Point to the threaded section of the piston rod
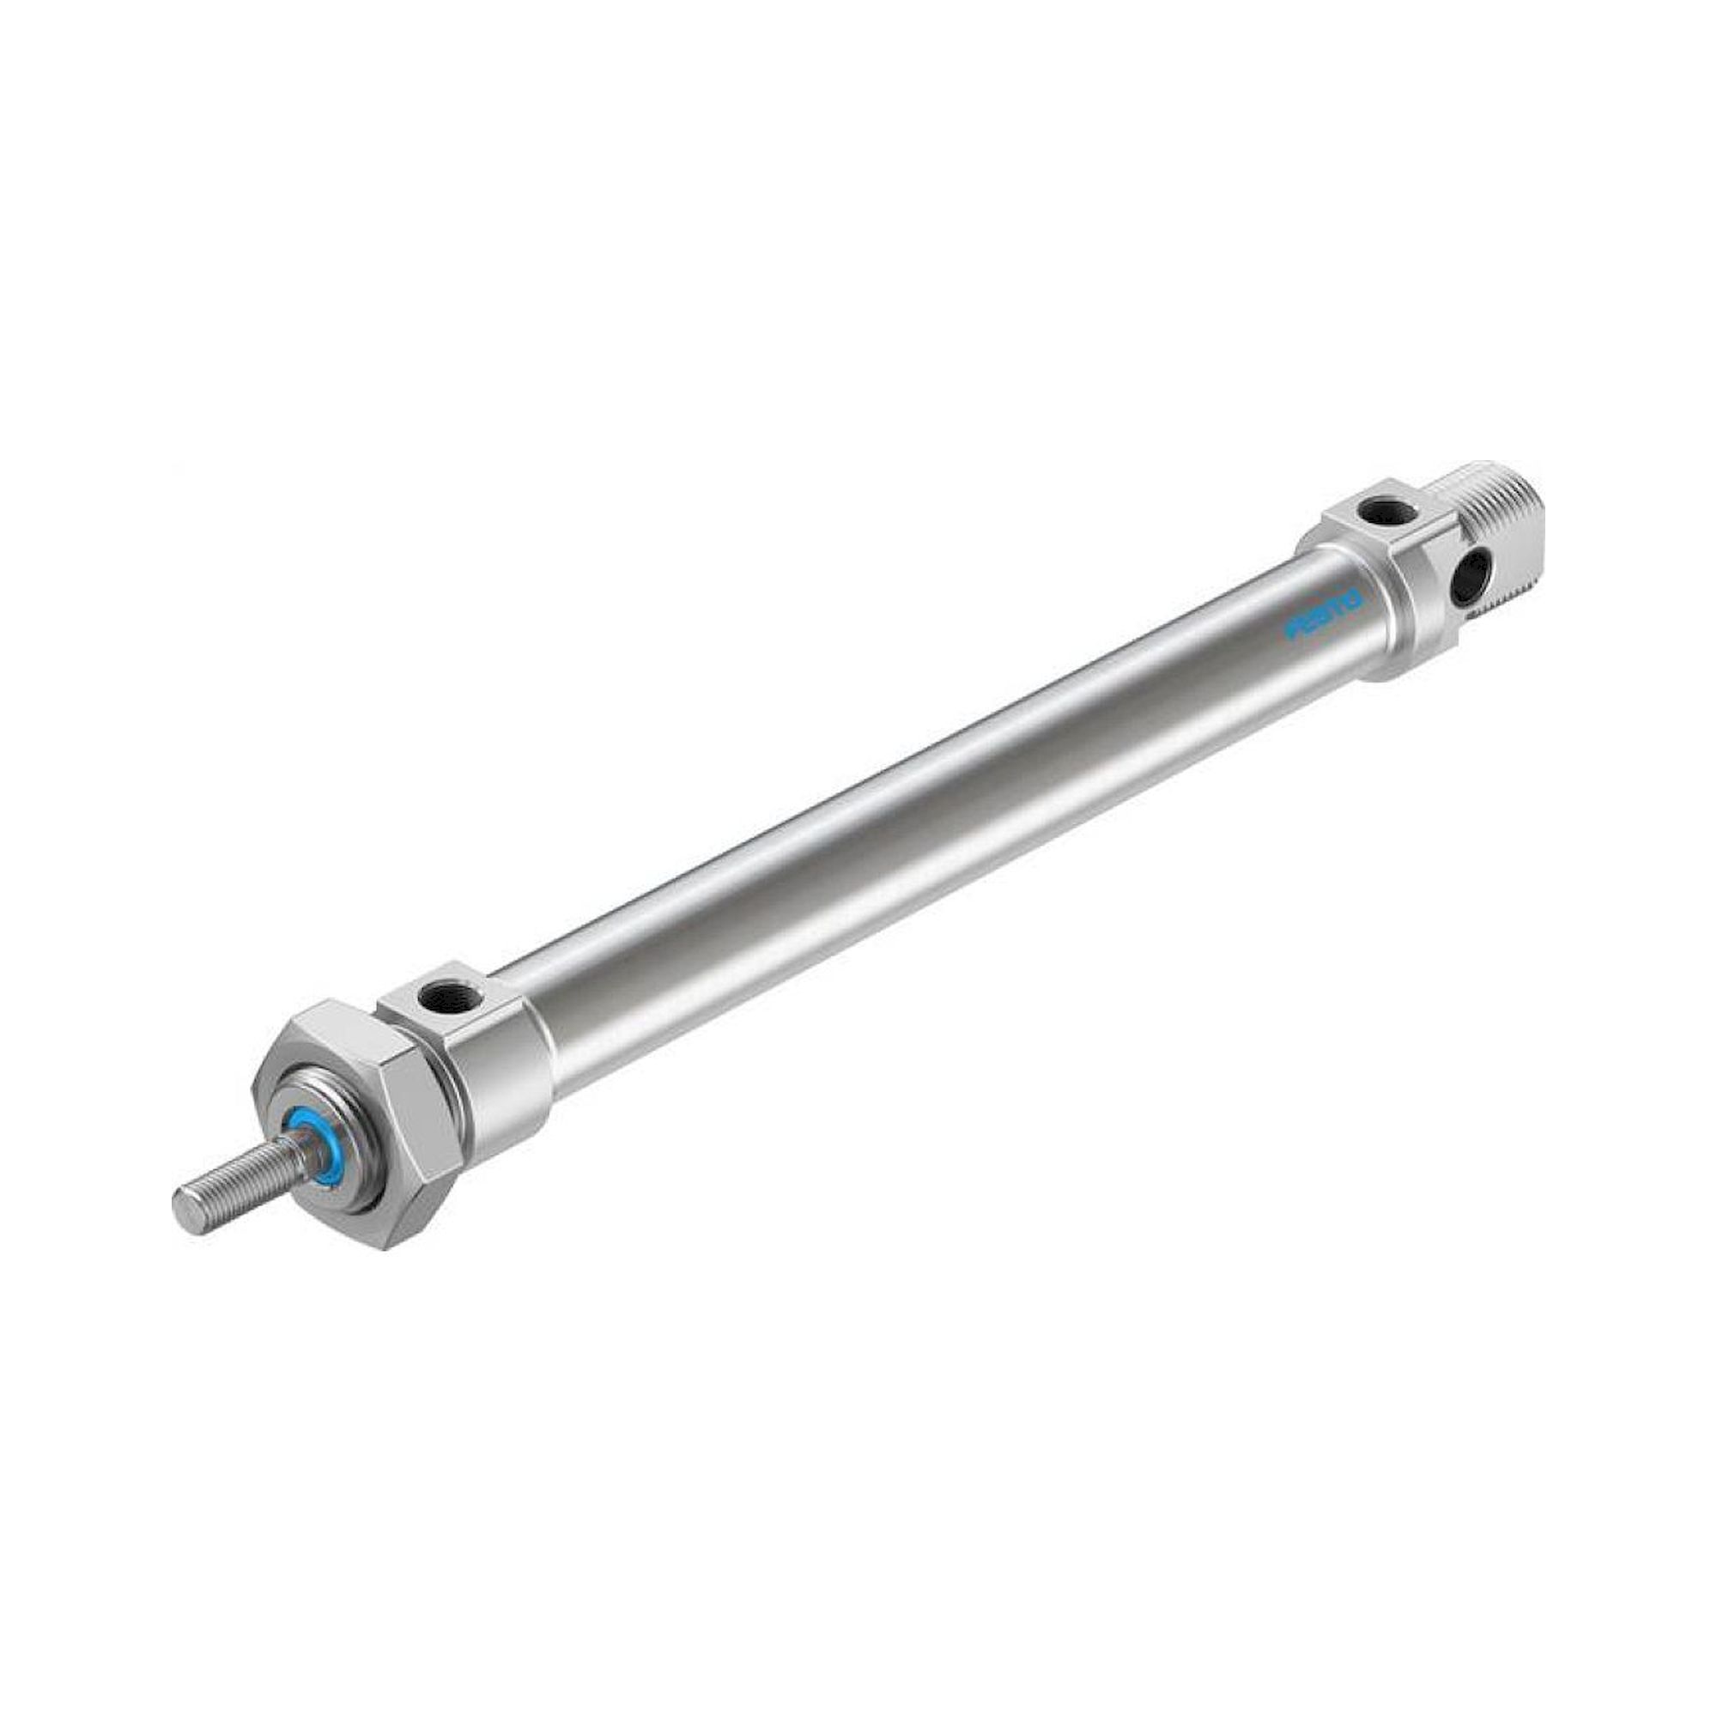[240, 1171]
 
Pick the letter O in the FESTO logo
[1353, 600]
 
